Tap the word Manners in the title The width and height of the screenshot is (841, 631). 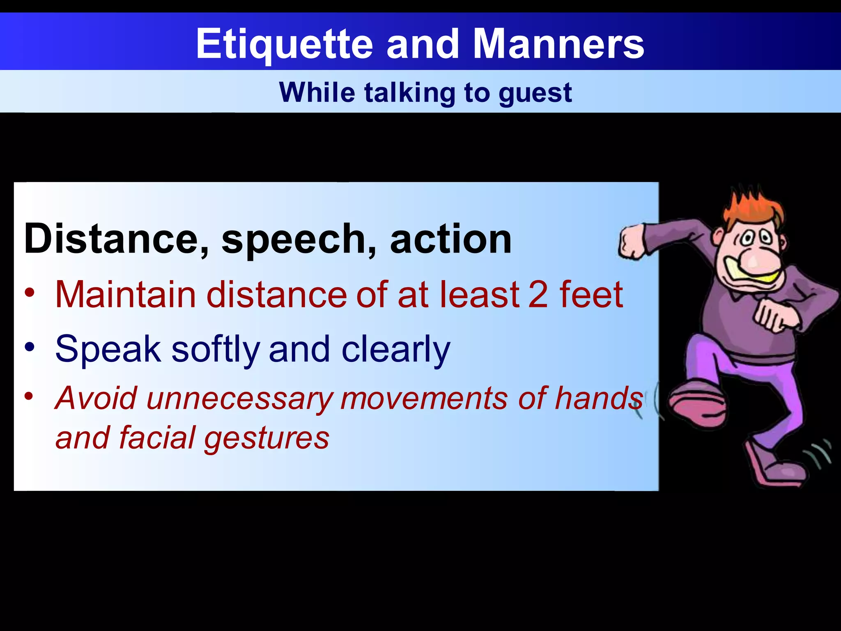click(x=558, y=44)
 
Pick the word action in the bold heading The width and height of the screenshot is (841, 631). click(x=450, y=239)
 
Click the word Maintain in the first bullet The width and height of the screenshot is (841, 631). click(x=125, y=295)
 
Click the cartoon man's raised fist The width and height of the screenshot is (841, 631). click(x=632, y=242)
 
